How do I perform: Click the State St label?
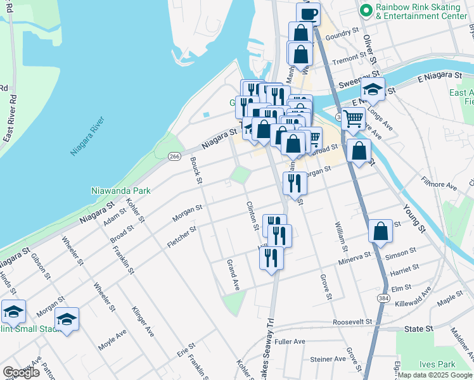(x=418, y=329)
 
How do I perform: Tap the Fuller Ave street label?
(x=290, y=342)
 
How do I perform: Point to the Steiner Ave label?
(x=327, y=359)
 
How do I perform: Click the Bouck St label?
(x=196, y=171)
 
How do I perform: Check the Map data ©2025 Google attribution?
(x=435, y=375)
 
